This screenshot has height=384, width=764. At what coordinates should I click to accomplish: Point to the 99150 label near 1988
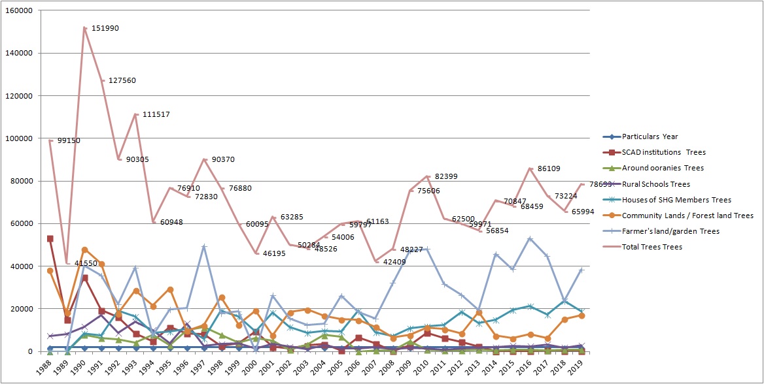pyautogui.click(x=70, y=140)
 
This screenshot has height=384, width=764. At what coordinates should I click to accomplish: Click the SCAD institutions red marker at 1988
pyautogui.click(x=50, y=238)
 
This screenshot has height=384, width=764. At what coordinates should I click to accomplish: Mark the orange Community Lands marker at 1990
pyautogui.click(x=84, y=250)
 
